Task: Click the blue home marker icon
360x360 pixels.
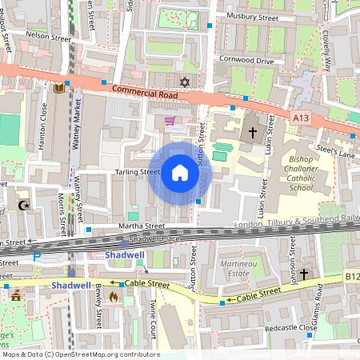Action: [180, 173]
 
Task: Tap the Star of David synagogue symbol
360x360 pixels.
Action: [186, 82]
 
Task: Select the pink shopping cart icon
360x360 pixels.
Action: [170, 122]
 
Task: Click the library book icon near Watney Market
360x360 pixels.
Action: [58, 87]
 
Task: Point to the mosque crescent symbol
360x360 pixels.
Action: [22, 206]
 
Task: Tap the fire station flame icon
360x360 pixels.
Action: [113, 297]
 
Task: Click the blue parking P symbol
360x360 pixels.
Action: [36, 257]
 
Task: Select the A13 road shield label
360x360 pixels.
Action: [300, 118]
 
